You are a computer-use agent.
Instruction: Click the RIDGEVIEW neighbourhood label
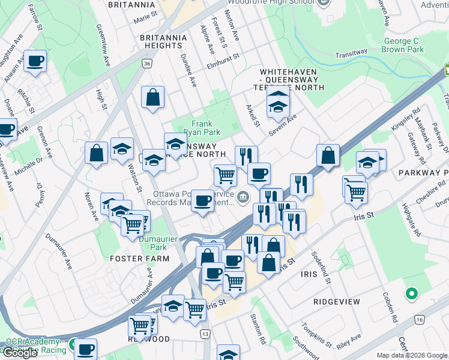336,301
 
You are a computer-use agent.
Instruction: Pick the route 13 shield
206,334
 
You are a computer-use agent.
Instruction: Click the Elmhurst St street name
223,58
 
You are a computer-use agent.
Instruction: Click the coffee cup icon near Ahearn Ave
35,61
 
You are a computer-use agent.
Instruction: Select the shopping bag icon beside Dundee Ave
153,96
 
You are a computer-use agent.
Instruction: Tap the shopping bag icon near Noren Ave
97,153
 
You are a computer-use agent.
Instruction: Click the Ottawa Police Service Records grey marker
243,196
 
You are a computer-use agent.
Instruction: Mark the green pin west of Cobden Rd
411,294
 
